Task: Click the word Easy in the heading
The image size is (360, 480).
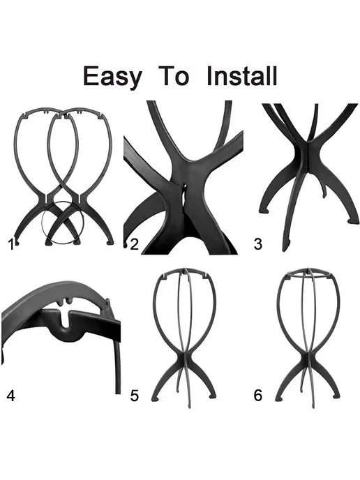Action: [112, 77]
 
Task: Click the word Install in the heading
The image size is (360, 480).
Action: [242, 75]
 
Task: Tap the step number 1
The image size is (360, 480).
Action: [11, 245]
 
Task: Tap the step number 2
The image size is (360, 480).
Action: [135, 245]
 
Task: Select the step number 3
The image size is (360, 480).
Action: [258, 244]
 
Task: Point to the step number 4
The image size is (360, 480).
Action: [10, 396]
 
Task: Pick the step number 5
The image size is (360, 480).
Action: [135, 396]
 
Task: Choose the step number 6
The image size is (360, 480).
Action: [258, 396]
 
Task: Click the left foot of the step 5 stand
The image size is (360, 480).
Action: [156, 398]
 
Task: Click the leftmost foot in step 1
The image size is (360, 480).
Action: [17, 243]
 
